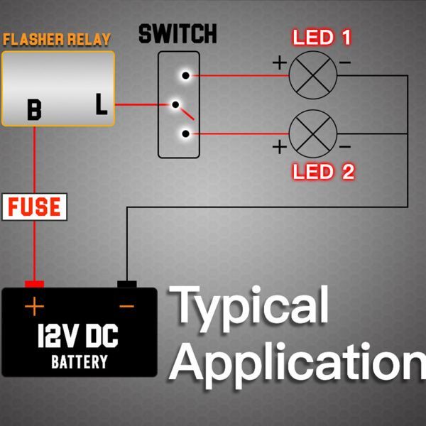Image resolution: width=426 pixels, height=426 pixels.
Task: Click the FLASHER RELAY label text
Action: pyautogui.click(x=58, y=38)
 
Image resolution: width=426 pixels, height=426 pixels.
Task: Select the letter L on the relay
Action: pyautogui.click(x=102, y=106)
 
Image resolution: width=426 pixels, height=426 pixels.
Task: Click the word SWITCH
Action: pyautogui.click(x=177, y=33)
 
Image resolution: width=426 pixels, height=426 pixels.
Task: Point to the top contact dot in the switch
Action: pyautogui.click(x=185, y=75)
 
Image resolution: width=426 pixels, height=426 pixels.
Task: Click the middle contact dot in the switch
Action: pyautogui.click(x=174, y=105)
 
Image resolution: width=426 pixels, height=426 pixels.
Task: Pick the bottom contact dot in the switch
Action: pyautogui.click(x=185, y=133)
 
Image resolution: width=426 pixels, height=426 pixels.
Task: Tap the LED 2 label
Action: pyautogui.click(x=323, y=171)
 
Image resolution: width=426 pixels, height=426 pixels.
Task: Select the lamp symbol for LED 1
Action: pyautogui.click(x=313, y=75)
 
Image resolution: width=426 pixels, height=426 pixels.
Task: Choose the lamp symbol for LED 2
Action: pyautogui.click(x=313, y=134)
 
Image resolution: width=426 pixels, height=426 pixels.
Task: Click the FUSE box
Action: pyautogui.click(x=34, y=207)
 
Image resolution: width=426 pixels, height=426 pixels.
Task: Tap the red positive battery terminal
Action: pyautogui.click(x=34, y=284)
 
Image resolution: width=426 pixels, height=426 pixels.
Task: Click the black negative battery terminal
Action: pyautogui.click(x=126, y=285)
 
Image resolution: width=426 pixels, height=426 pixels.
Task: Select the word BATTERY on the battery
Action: pyautogui.click(x=80, y=361)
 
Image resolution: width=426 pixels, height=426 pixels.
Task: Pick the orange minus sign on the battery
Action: pyautogui.click(x=126, y=307)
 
